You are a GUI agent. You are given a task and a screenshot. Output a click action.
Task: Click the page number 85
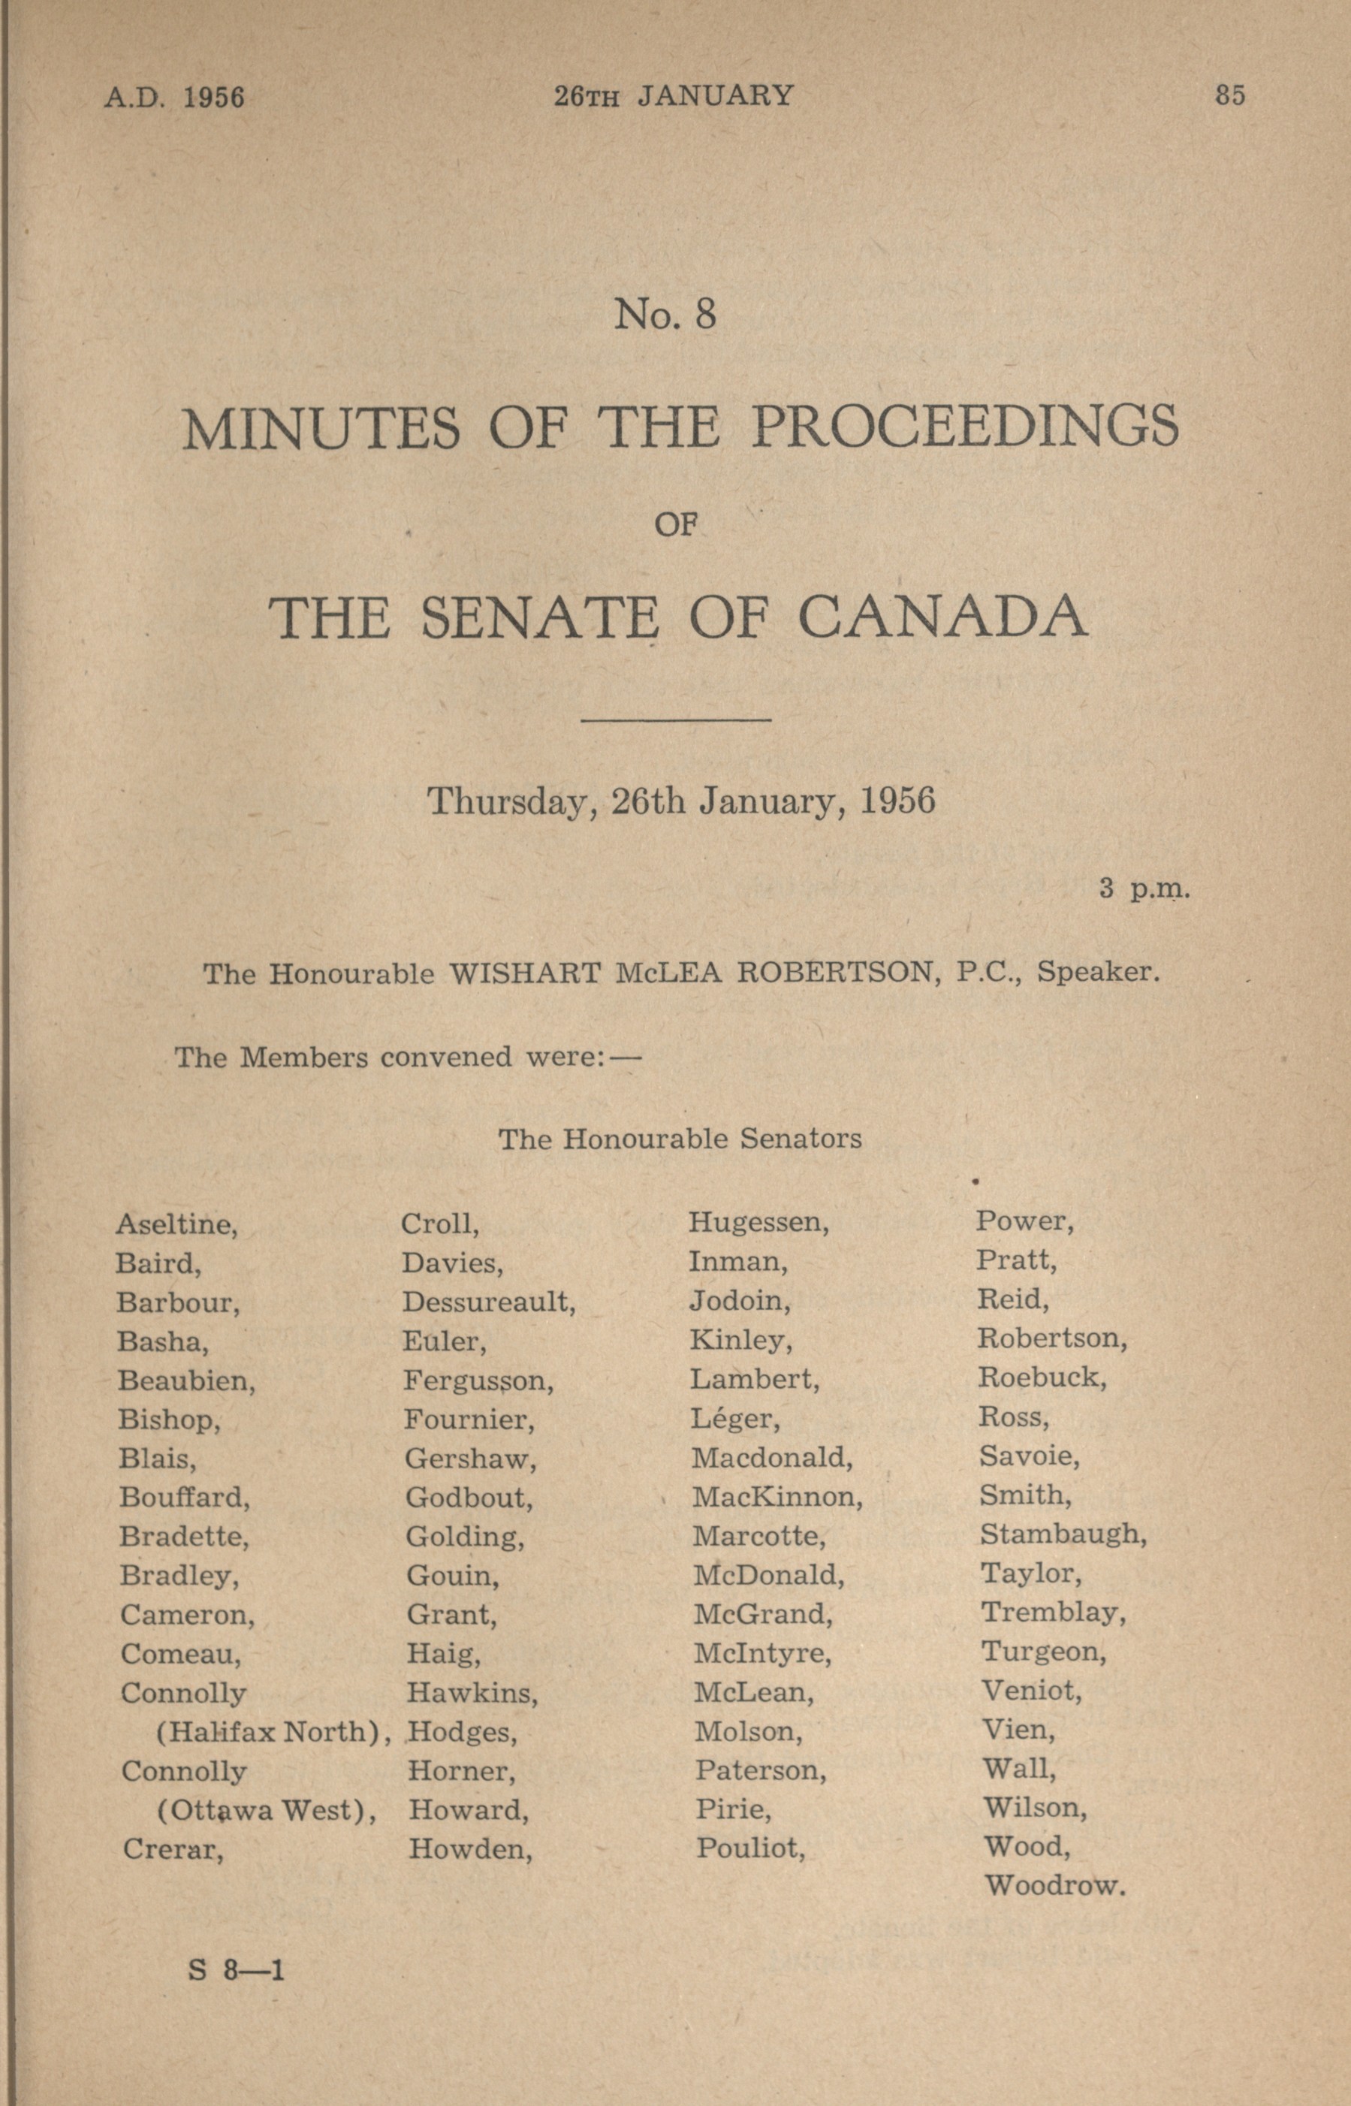[x=1230, y=95]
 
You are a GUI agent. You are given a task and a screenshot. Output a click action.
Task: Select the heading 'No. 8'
[x=665, y=314]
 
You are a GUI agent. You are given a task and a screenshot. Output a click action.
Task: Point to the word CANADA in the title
[x=942, y=617]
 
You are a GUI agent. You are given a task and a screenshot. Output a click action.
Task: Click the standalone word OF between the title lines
[x=676, y=526]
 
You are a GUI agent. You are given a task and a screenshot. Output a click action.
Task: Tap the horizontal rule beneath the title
[x=676, y=720]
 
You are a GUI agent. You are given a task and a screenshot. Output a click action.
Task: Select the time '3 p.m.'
[x=1144, y=889]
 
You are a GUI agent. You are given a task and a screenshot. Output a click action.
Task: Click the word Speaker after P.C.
[x=1099, y=973]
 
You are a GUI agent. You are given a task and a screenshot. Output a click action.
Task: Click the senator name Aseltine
[x=176, y=1224]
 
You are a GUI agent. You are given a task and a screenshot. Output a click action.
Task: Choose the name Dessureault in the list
[x=488, y=1302]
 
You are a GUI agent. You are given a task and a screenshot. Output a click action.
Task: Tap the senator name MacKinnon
[x=777, y=1496]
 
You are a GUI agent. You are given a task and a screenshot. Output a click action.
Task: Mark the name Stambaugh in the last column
[x=1063, y=1534]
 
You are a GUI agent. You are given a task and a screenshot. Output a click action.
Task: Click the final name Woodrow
[x=1054, y=1885]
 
